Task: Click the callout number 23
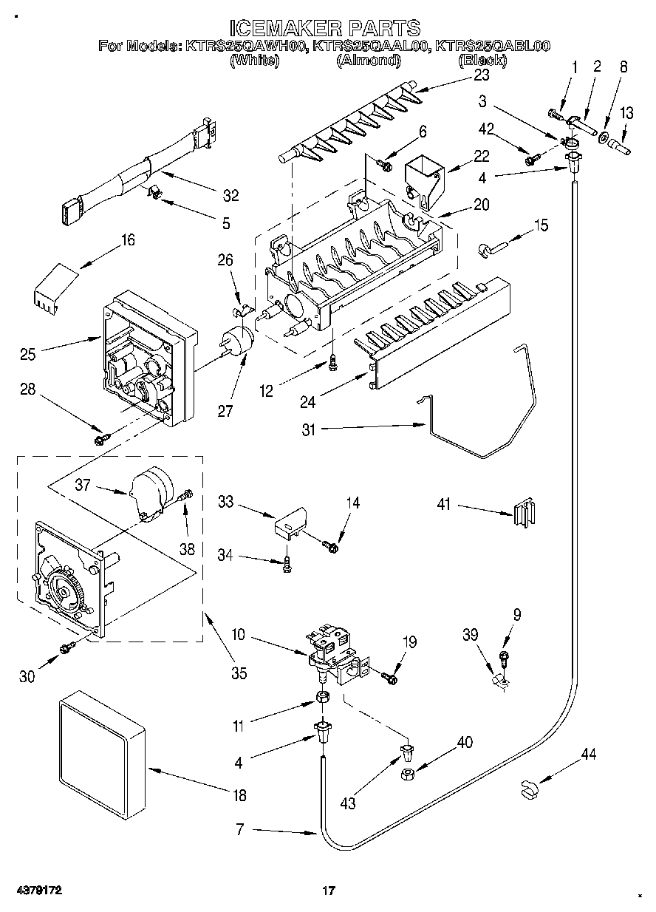(x=482, y=75)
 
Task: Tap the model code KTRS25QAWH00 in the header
(x=245, y=46)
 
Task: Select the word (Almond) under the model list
(x=369, y=61)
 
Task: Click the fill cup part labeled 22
(x=425, y=182)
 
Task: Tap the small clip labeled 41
(x=525, y=513)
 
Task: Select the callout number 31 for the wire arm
(x=309, y=430)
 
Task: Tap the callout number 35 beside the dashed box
(x=239, y=673)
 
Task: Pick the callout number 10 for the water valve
(x=239, y=634)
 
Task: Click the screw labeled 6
(x=384, y=164)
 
